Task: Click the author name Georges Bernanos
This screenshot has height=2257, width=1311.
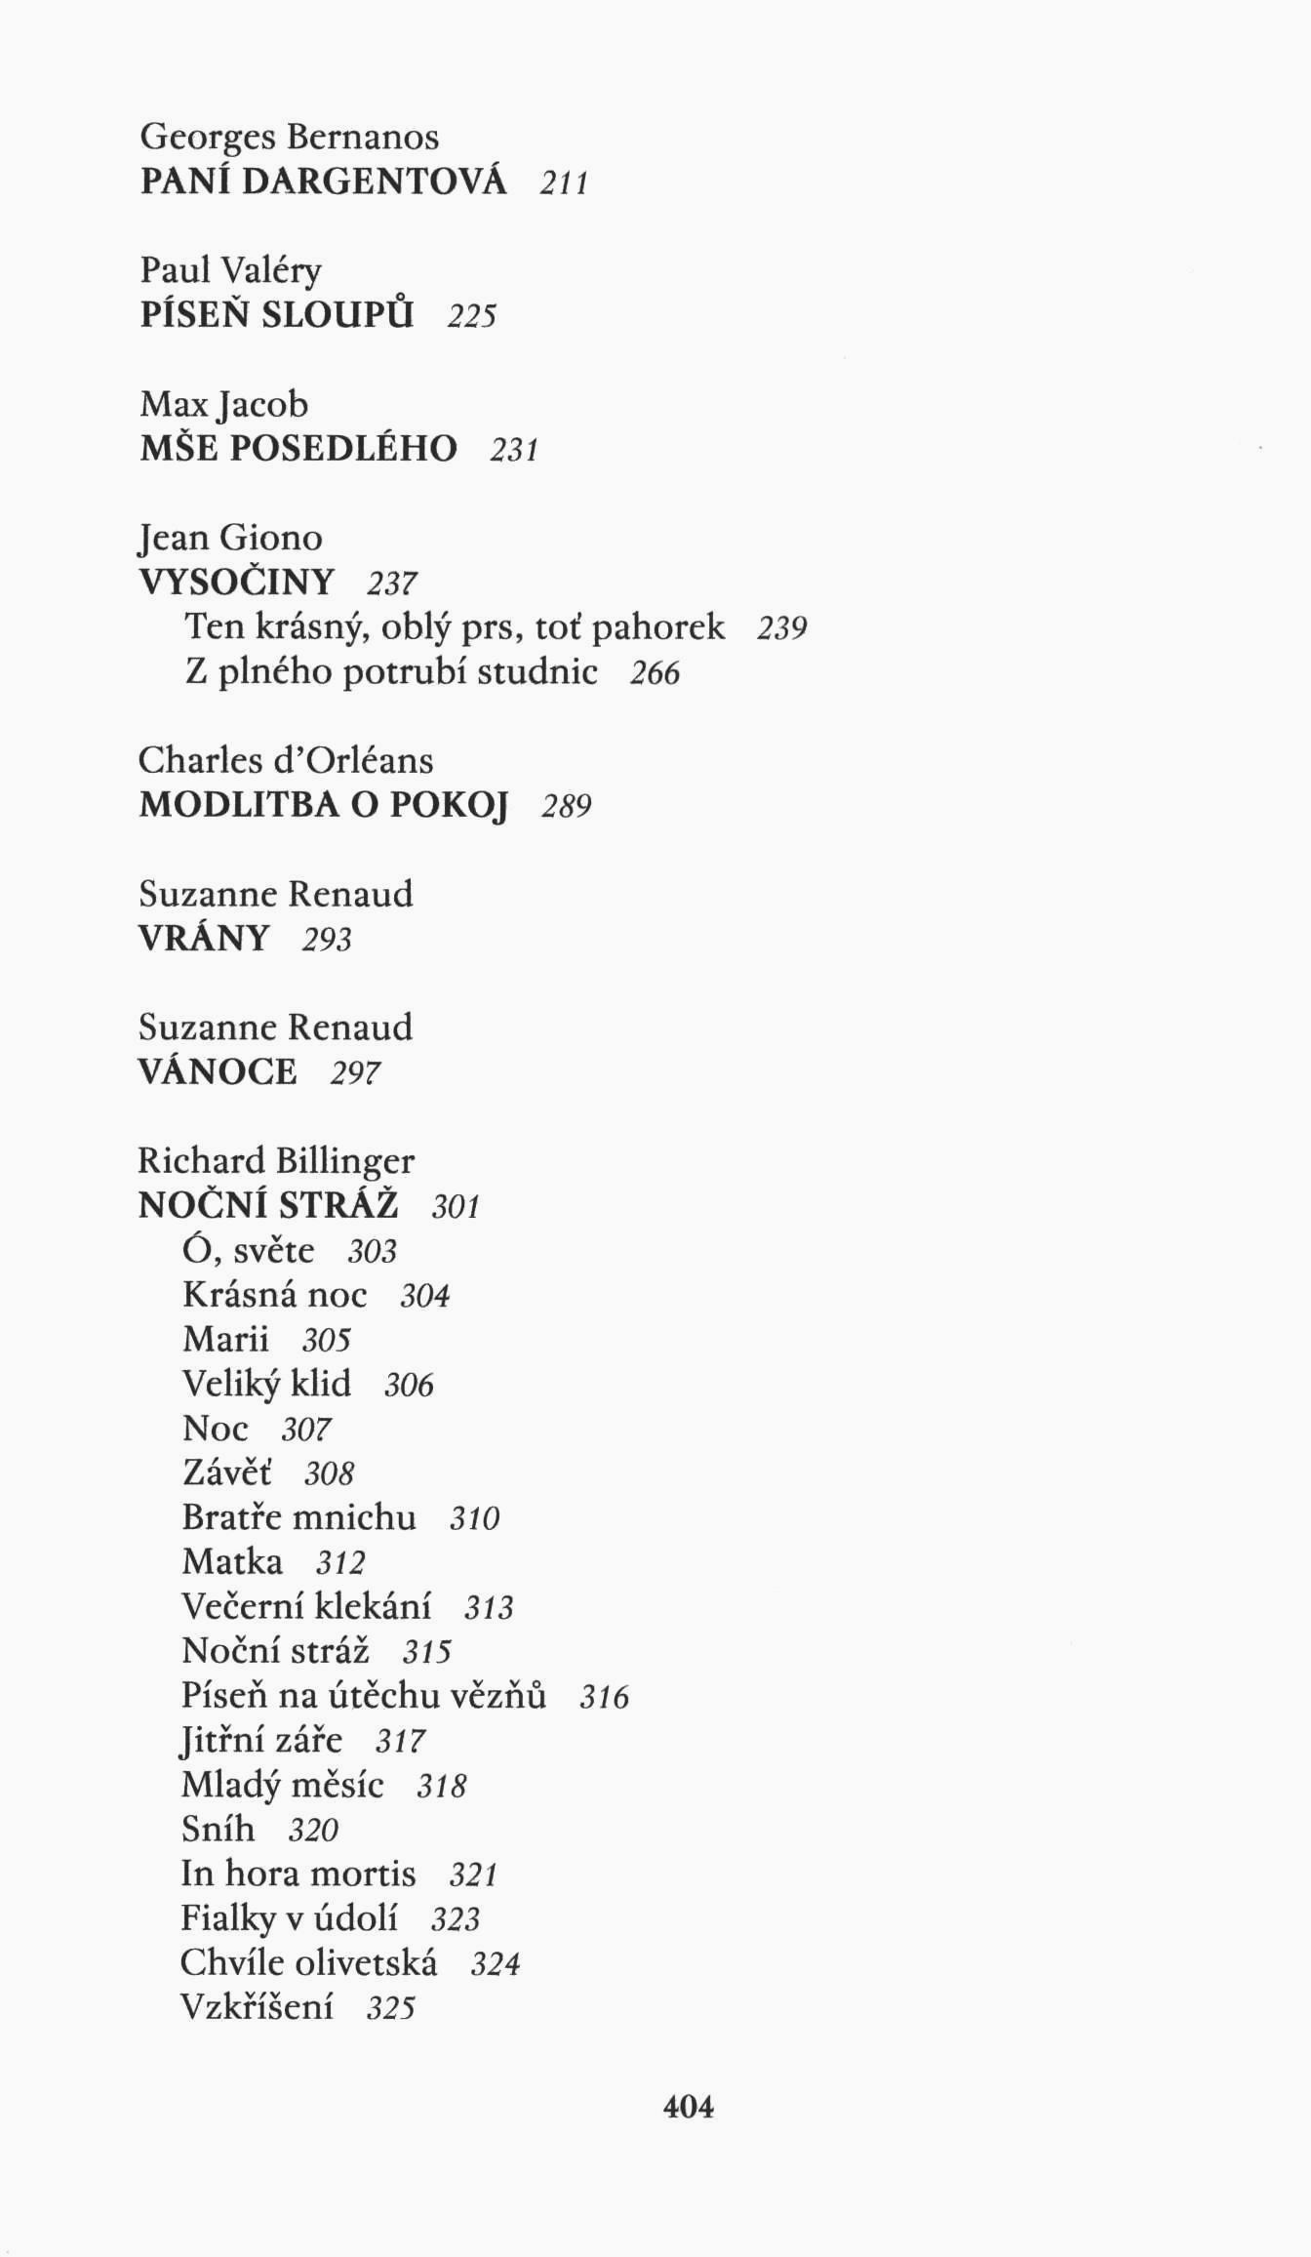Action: click(289, 137)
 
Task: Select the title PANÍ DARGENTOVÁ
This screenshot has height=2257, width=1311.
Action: click(323, 181)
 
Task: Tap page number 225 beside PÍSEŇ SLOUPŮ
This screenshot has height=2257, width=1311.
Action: click(472, 315)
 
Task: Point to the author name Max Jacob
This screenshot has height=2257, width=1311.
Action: click(223, 404)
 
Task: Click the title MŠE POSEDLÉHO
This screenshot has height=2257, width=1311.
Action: click(298, 448)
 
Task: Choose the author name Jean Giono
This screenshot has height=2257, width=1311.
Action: click(230, 538)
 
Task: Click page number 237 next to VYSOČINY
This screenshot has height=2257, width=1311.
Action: click(392, 583)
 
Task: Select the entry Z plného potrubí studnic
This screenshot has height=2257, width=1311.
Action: click(390, 671)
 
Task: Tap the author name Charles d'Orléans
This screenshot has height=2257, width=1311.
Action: click(286, 759)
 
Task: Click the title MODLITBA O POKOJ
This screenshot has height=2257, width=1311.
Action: click(324, 804)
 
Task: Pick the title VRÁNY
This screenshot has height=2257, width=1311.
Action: click(204, 938)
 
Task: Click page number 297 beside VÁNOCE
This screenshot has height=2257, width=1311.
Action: click(355, 1072)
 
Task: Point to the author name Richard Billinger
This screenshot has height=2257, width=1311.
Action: click(276, 1160)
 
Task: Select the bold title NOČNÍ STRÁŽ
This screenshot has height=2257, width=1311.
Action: click(268, 1205)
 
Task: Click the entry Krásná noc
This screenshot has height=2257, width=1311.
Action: click(274, 1294)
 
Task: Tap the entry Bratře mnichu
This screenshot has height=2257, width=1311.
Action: click(298, 1516)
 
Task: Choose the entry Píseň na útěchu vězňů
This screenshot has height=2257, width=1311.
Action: click(363, 1695)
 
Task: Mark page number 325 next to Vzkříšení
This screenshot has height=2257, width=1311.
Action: click(391, 2007)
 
